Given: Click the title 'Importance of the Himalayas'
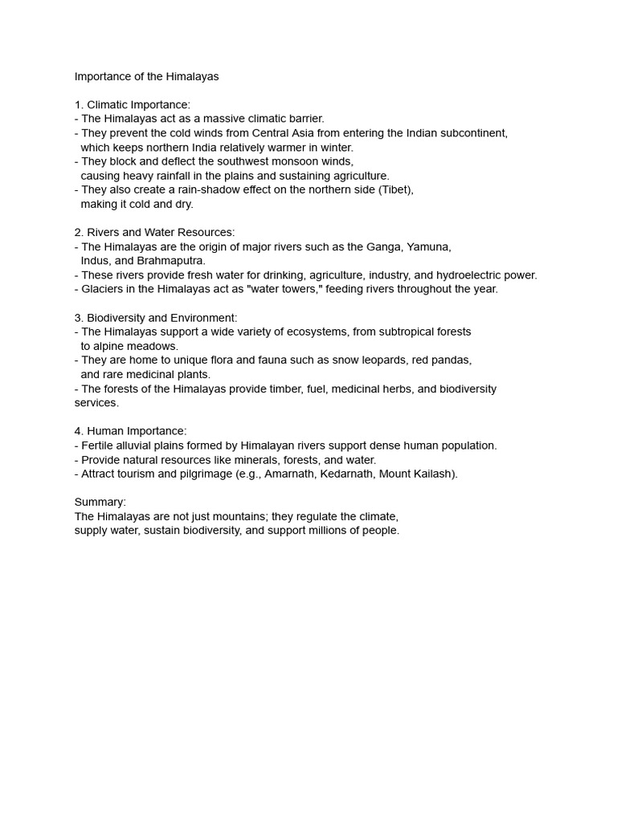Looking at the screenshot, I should point(146,76).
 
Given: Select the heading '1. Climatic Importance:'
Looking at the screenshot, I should point(133,105).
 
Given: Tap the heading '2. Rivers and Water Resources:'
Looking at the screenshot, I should point(154,233).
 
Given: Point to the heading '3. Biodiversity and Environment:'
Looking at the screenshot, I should point(156,318).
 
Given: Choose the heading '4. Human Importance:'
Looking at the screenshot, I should point(130,431).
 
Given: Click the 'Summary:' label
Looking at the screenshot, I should point(100,503).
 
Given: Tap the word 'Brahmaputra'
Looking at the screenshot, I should point(171,261).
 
